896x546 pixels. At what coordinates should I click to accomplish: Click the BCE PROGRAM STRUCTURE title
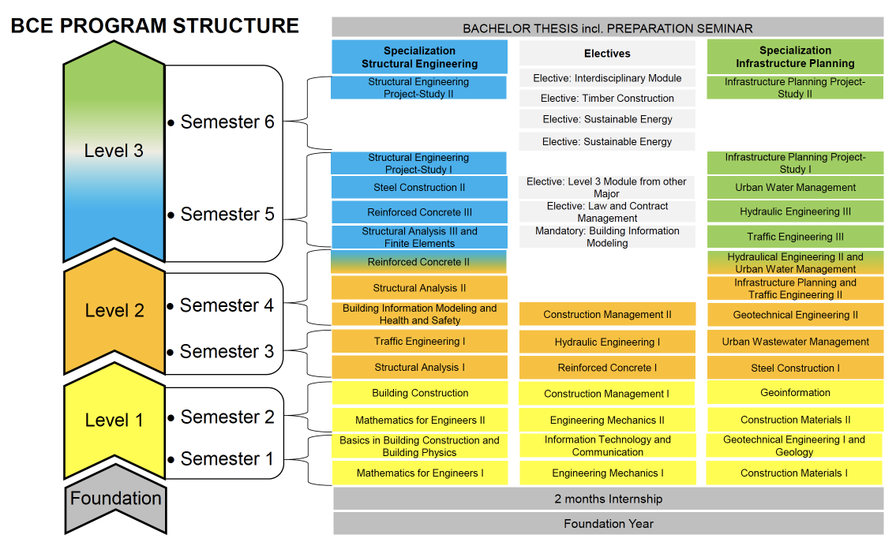click(x=155, y=26)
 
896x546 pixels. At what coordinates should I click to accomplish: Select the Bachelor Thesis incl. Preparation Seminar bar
click(x=607, y=28)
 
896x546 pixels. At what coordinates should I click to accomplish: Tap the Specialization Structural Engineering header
click(x=419, y=57)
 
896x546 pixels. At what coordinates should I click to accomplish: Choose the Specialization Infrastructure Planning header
click(x=794, y=57)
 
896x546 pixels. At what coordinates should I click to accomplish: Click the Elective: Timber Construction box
click(x=607, y=99)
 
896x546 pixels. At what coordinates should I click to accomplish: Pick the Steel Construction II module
click(x=419, y=188)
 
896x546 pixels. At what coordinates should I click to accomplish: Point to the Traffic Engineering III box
click(x=794, y=237)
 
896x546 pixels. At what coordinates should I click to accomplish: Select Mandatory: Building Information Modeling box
click(x=607, y=237)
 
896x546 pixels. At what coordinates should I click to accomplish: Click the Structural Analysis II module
click(x=419, y=288)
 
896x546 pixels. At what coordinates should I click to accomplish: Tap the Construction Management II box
click(x=607, y=314)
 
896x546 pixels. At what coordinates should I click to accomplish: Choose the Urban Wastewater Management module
click(x=794, y=342)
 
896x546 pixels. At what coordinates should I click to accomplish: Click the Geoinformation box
click(x=794, y=393)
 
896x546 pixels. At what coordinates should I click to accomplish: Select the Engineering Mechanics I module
click(x=607, y=473)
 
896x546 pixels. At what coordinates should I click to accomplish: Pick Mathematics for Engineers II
click(x=419, y=421)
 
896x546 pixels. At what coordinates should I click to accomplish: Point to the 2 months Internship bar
click(x=607, y=499)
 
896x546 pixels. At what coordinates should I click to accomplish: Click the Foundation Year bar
click(x=607, y=523)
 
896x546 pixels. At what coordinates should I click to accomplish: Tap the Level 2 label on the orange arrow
click(x=114, y=311)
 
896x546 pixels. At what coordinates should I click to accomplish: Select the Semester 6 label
click(x=227, y=122)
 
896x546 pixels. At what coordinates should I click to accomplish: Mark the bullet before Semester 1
click(x=171, y=459)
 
